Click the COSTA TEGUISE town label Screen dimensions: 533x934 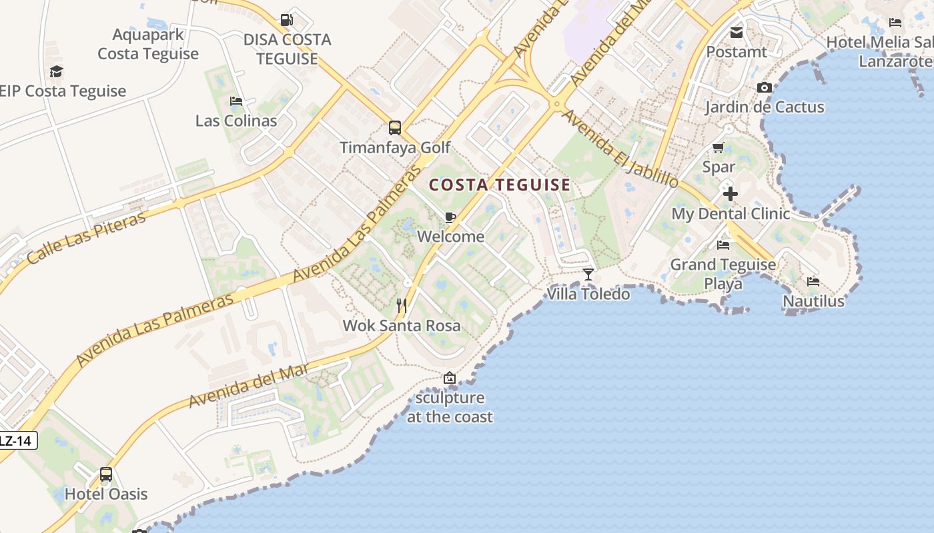(x=500, y=185)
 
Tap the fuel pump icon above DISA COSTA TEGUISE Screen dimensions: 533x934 (x=286, y=21)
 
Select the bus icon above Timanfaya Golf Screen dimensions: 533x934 (x=395, y=127)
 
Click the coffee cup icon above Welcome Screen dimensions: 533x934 (x=450, y=217)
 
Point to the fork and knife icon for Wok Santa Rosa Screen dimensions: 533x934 (x=402, y=306)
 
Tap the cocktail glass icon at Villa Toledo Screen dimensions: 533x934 (x=588, y=274)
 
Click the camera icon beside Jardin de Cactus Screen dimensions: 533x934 (x=765, y=88)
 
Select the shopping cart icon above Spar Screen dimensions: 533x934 (x=719, y=147)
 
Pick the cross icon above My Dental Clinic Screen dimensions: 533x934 (x=731, y=194)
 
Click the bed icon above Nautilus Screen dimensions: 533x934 (x=813, y=282)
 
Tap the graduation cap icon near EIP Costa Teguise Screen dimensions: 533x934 (x=56, y=71)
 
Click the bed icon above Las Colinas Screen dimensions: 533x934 (x=236, y=101)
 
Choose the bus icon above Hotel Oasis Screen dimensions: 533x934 (x=106, y=474)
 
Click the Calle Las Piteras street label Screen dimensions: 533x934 (x=86, y=239)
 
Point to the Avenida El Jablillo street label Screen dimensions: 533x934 (x=620, y=149)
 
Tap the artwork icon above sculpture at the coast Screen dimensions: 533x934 (x=450, y=378)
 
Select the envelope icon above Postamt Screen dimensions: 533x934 (x=737, y=32)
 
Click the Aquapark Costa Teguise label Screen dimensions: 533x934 (x=148, y=44)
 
